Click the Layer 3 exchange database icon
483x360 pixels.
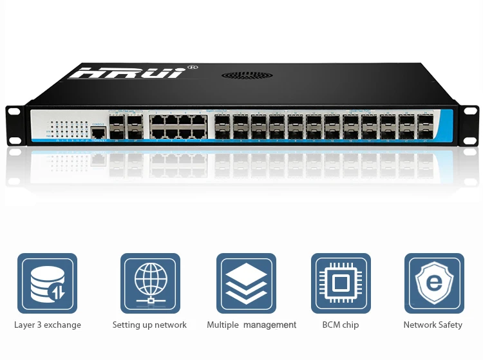47,283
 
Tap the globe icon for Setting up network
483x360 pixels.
150,283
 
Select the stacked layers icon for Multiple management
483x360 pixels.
246,283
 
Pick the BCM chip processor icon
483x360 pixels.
341,283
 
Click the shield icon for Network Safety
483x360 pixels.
434,283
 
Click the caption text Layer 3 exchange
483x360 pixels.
48,325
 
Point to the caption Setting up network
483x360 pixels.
149,325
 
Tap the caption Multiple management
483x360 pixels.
252,325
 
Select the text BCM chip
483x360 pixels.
341,325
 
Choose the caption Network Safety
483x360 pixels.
433,325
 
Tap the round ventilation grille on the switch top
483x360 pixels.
247,75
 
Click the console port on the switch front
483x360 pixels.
98,132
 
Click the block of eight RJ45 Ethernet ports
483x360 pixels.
177,126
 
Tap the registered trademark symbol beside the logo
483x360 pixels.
191,66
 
